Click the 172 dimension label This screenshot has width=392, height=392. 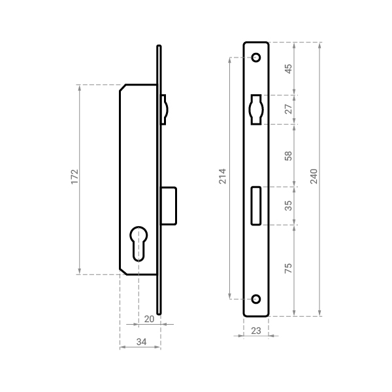[74, 177]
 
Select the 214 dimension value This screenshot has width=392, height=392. [222, 176]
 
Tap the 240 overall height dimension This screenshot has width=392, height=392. [314, 176]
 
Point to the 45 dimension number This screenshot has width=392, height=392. [288, 69]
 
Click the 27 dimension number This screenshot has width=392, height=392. [288, 109]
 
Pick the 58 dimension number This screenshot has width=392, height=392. [288, 155]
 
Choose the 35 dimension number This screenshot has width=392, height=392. [288, 206]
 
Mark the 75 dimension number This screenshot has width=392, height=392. [288, 268]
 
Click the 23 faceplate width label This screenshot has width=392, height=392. [255, 331]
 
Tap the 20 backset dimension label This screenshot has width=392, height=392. [149, 319]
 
